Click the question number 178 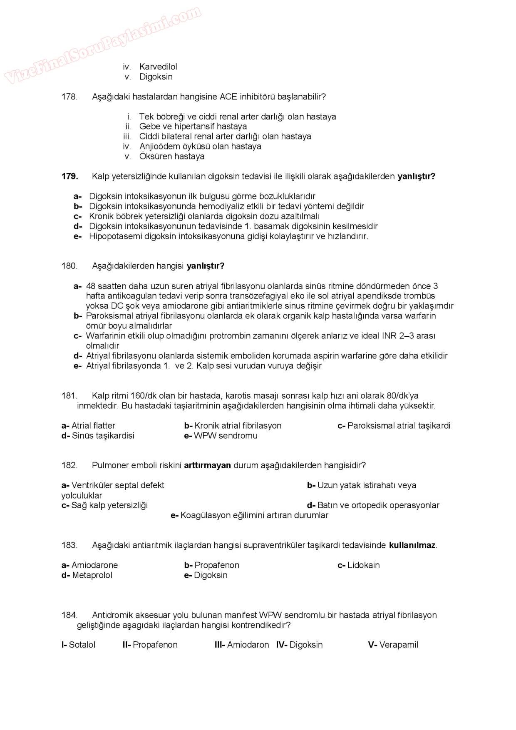pyautogui.click(x=69, y=97)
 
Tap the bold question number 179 pyautogui.click(x=70, y=176)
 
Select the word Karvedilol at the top pyautogui.click(x=158, y=67)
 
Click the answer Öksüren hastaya pyautogui.click(x=172, y=156)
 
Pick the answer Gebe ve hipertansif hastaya pyautogui.click(x=193, y=127)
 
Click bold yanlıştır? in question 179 pyautogui.click(x=417, y=176)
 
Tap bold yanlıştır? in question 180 pyautogui.click(x=206, y=266)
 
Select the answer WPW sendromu pyautogui.click(x=226, y=436)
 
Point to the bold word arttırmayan pyautogui.click(x=207, y=465)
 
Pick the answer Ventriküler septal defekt pyautogui.click(x=118, y=485)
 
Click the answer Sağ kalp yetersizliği pyautogui.click(x=109, y=505)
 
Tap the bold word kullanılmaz pyautogui.click(x=412, y=545)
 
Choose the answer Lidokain pyautogui.click(x=363, y=565)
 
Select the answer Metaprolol pyautogui.click(x=92, y=575)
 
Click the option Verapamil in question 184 pyautogui.click(x=399, y=645)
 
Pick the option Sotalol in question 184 pyautogui.click(x=82, y=645)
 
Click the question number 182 pyautogui.click(x=69, y=465)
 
